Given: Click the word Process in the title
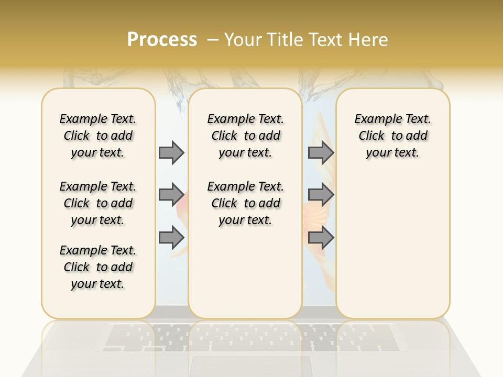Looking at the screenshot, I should point(162,40).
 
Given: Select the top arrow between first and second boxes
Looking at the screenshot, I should point(171,152).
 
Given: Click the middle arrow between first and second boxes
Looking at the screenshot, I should point(171,195).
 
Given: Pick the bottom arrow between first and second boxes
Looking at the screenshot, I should point(171,238).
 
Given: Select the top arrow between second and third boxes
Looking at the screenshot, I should point(321,152).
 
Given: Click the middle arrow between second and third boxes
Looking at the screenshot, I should point(321,195).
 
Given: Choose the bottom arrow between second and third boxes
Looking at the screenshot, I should point(321,238).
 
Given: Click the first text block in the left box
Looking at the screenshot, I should point(98,136).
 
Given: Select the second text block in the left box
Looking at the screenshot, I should point(98,203).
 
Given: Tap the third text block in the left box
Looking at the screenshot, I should point(98,267).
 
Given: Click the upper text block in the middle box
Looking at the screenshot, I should point(245,136).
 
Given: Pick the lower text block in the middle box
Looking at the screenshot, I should point(245,203).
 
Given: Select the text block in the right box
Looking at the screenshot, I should point(392,136).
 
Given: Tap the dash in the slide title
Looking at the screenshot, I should point(213,40).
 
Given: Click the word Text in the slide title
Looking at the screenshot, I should point(323,40).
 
